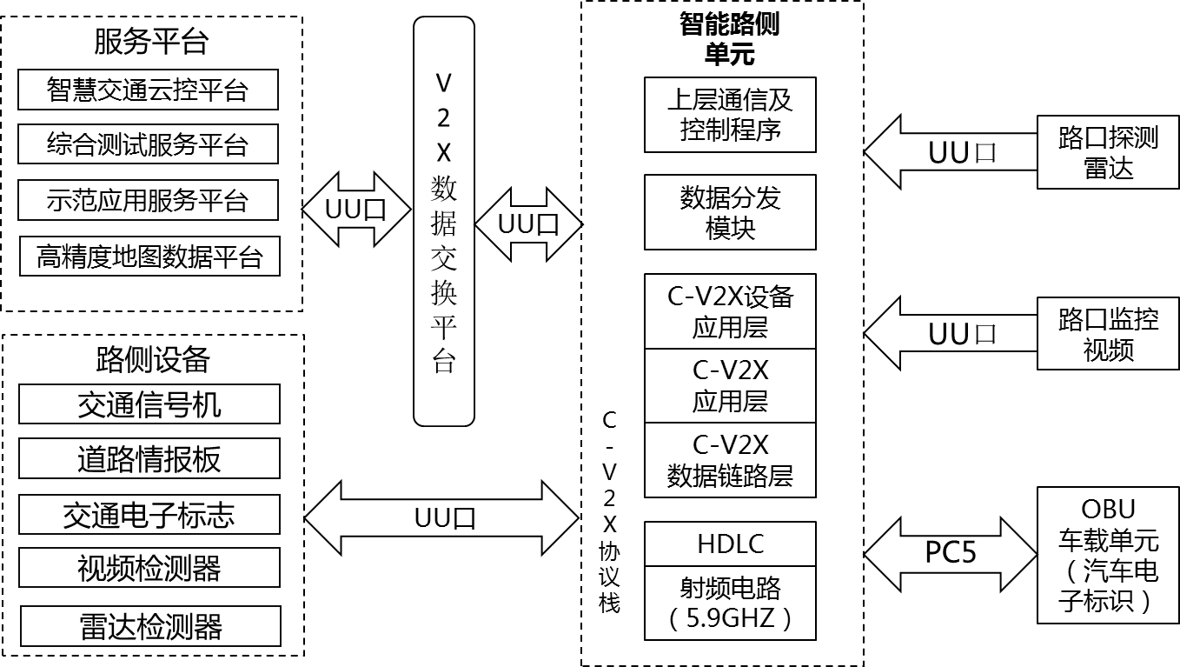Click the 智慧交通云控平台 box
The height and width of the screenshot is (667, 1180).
148,90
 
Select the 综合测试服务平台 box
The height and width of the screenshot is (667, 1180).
148,144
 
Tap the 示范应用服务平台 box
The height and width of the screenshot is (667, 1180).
148,200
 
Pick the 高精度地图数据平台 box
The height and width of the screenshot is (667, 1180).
149,256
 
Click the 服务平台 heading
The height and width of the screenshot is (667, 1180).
152,42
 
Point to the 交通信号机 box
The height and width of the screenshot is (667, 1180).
149,404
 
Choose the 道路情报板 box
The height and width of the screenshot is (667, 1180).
149,458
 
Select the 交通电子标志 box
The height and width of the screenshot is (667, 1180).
149,515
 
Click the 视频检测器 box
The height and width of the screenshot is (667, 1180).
149,568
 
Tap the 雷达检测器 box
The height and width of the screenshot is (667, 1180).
150,626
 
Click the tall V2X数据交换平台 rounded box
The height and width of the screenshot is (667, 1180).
444,222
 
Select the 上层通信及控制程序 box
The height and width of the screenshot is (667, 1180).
730,115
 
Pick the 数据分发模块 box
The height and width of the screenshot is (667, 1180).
730,212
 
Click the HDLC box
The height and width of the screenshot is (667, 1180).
730,544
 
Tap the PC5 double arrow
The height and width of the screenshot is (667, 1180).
951,553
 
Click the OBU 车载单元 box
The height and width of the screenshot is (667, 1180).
1108,555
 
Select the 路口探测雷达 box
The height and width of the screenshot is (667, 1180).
1108,151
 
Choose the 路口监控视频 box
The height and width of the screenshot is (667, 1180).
1108,334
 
